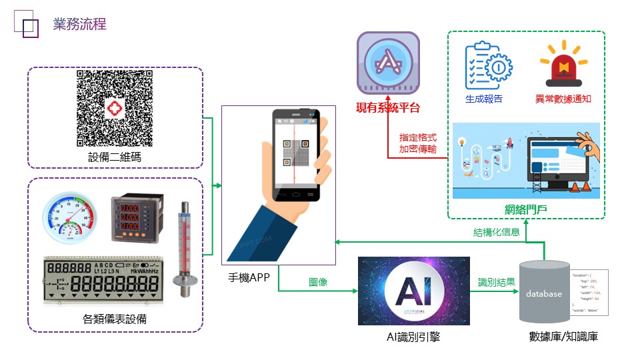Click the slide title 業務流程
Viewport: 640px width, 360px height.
coord(79,25)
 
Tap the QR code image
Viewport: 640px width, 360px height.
coord(114,109)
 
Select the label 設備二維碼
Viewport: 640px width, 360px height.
coord(114,157)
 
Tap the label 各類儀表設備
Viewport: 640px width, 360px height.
coord(114,319)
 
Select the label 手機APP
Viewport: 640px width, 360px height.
coord(248,277)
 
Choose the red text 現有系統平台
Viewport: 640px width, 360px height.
coord(388,107)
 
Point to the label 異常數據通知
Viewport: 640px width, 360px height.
coord(563,99)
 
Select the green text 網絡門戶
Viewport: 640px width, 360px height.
coord(525,210)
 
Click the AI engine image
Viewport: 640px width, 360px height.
coord(413,291)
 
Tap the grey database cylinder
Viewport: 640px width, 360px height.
coord(543,292)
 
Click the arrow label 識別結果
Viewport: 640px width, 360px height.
coord(497,282)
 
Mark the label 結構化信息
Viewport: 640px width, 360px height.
coord(497,233)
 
